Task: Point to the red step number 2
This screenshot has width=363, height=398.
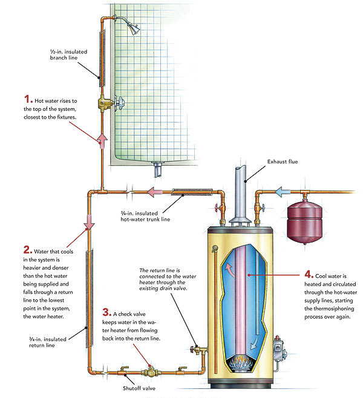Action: [x=27, y=249]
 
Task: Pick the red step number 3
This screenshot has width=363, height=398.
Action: [x=107, y=313]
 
